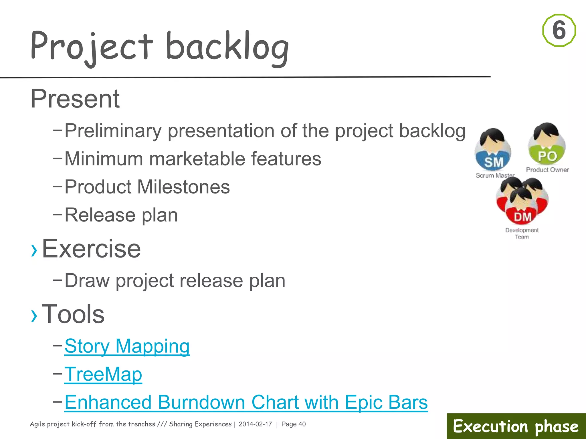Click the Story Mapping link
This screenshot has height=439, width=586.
tap(127, 346)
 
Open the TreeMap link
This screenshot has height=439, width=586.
tap(103, 374)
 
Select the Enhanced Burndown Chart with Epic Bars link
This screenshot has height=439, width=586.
tap(246, 402)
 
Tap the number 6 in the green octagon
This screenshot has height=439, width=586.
tap(559, 30)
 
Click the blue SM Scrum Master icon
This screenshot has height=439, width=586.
tap(493, 151)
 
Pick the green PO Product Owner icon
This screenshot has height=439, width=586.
tap(547, 144)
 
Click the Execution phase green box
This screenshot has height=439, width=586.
tap(516, 426)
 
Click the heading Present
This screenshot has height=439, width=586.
tap(75, 99)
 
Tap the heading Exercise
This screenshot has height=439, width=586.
tap(91, 249)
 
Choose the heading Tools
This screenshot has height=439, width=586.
tap(73, 314)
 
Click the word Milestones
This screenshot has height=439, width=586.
tap(183, 187)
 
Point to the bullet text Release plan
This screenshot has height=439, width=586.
tap(121, 215)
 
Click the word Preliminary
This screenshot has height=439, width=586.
tap(113, 131)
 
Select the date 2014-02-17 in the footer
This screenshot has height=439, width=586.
tap(255, 424)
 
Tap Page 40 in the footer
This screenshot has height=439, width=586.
tap(293, 424)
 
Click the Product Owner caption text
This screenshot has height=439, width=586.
tap(547, 170)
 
